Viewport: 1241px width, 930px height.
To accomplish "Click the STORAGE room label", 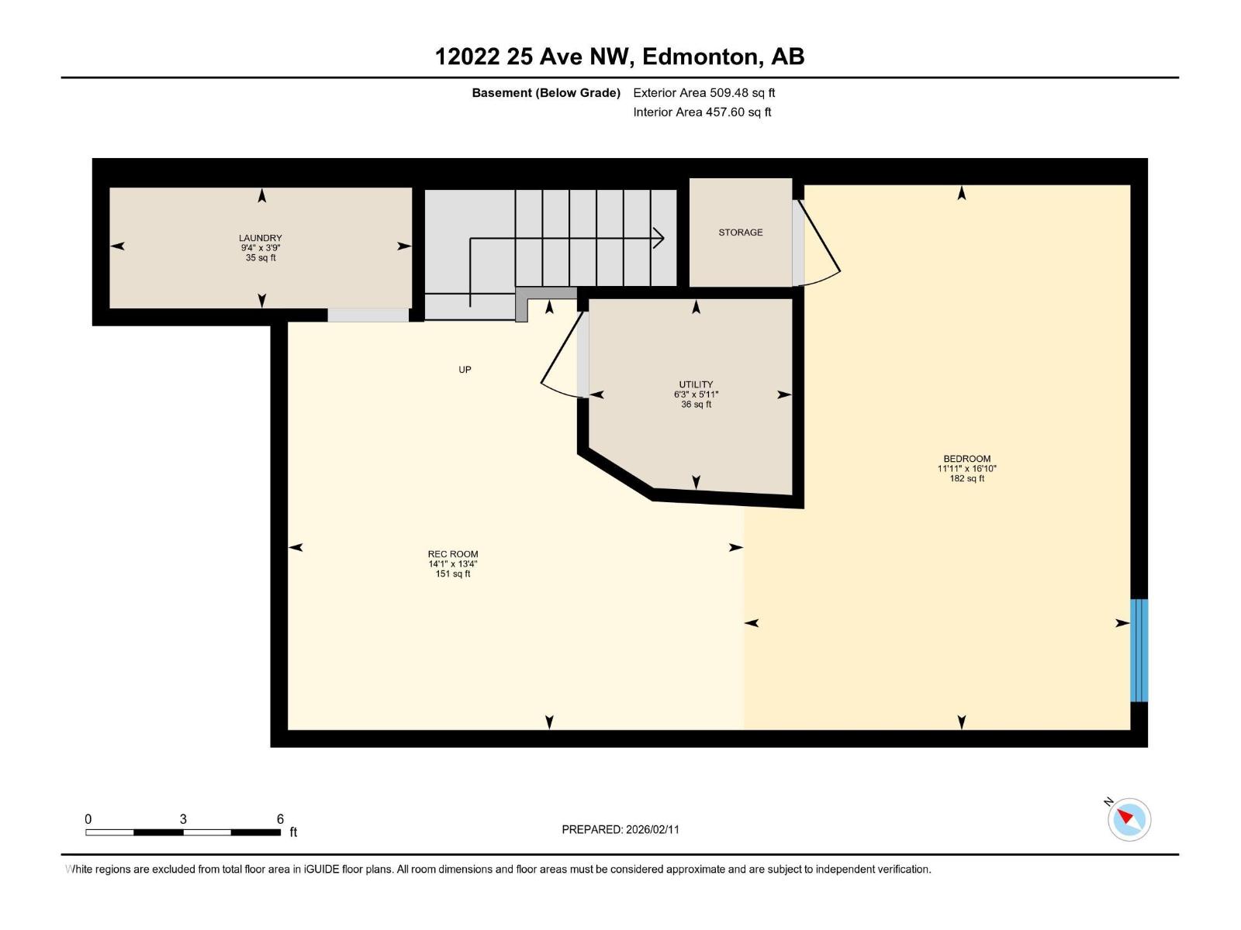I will tap(740, 232).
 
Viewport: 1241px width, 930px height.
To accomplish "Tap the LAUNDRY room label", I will tap(260, 238).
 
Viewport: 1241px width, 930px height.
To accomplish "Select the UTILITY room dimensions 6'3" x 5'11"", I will tap(696, 394).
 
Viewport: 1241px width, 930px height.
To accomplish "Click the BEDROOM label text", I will tap(966, 459).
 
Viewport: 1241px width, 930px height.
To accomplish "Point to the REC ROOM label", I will tap(453, 554).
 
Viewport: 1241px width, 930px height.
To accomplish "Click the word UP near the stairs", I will tap(465, 370).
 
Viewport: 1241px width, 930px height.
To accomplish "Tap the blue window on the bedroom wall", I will tap(1138, 650).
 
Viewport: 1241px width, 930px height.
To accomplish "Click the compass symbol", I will tap(1129, 819).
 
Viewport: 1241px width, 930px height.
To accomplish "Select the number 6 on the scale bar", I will tap(280, 819).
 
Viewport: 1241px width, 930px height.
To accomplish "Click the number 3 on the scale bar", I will tap(183, 819).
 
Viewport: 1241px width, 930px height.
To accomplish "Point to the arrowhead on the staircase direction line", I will tap(659, 238).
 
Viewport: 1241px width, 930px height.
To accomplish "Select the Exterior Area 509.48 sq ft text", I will tap(703, 93).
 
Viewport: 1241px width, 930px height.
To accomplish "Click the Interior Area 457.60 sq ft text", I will tap(702, 112).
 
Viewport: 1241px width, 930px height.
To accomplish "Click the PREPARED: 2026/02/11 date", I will tap(620, 829).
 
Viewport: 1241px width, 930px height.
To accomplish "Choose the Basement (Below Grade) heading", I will tap(546, 93).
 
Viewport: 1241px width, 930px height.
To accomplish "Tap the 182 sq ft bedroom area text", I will tap(966, 479).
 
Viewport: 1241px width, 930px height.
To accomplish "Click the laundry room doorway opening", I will tap(368, 315).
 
